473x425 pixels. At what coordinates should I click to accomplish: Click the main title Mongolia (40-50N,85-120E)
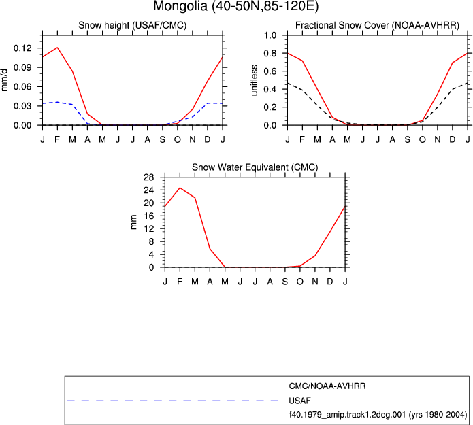pyautogui.click(x=236, y=6)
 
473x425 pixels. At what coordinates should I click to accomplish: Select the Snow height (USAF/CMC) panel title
pyautogui.click(x=133, y=25)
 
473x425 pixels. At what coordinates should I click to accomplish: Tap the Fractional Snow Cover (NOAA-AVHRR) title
pyautogui.click(x=377, y=25)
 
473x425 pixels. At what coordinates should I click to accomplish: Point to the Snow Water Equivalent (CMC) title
pyautogui.click(x=255, y=167)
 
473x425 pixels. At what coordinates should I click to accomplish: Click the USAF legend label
pyautogui.click(x=300, y=401)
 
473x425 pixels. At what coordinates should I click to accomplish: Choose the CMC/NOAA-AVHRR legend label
pyautogui.click(x=327, y=386)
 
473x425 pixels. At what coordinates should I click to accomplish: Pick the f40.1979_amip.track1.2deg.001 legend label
pyautogui.click(x=347, y=415)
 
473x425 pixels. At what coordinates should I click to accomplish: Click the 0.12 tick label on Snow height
pyautogui.click(x=22, y=48)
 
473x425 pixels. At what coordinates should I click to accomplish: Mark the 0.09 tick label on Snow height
pyautogui.click(x=22, y=67)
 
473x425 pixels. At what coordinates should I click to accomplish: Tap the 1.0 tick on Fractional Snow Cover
pyautogui.click(x=270, y=35)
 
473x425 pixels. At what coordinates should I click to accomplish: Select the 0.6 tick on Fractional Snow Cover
pyautogui.click(x=270, y=71)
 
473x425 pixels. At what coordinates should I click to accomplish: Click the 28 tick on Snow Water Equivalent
pyautogui.click(x=149, y=177)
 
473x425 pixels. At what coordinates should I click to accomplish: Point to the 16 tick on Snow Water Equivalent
pyautogui.click(x=149, y=216)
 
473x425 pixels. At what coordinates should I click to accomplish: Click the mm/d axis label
pyautogui.click(x=4, y=80)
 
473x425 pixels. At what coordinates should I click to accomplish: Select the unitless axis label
pyautogui.click(x=255, y=80)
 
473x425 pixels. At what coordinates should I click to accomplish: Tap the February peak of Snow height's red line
pyautogui.click(x=57, y=48)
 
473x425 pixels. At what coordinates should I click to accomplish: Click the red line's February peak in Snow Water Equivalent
pyautogui.click(x=180, y=188)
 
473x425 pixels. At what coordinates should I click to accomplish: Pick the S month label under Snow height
pyautogui.click(x=162, y=139)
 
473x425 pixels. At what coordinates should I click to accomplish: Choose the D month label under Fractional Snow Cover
pyautogui.click(x=453, y=139)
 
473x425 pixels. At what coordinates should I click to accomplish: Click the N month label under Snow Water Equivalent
pyautogui.click(x=315, y=282)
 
